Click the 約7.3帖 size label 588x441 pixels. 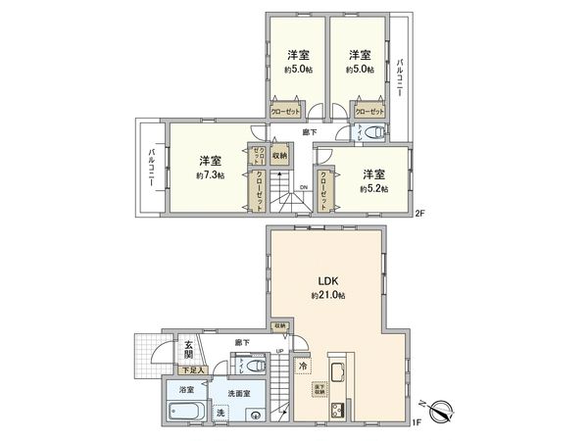tap(209, 175)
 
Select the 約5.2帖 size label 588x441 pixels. tap(373, 188)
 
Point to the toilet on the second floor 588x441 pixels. tap(378, 133)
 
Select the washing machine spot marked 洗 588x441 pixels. tap(219, 413)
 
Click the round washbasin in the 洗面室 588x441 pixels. tap(256, 414)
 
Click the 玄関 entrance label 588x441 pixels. tap(186, 350)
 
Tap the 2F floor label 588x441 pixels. tap(419, 212)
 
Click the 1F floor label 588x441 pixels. tap(416, 422)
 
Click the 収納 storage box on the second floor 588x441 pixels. tap(279, 155)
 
